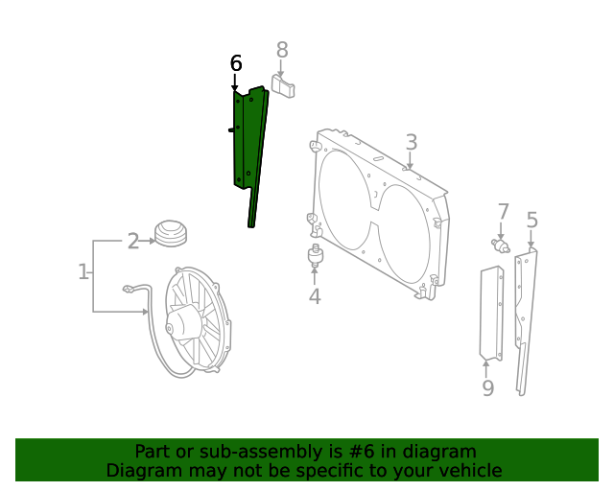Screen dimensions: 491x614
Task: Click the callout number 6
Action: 236,63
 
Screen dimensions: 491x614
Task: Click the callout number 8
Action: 282,49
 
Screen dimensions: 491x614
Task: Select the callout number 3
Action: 411,143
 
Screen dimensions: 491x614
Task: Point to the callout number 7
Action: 504,212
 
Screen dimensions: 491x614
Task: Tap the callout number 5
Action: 531,222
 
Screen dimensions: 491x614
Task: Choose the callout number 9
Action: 487,387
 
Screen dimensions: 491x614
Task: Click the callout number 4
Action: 315,296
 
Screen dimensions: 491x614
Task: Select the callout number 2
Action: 133,241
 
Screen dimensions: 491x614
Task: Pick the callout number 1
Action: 83,272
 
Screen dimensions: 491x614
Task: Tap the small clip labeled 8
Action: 284,87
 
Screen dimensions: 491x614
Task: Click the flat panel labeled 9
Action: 491,313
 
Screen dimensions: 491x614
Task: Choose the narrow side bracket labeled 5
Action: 525,316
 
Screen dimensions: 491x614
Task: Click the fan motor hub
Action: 183,323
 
